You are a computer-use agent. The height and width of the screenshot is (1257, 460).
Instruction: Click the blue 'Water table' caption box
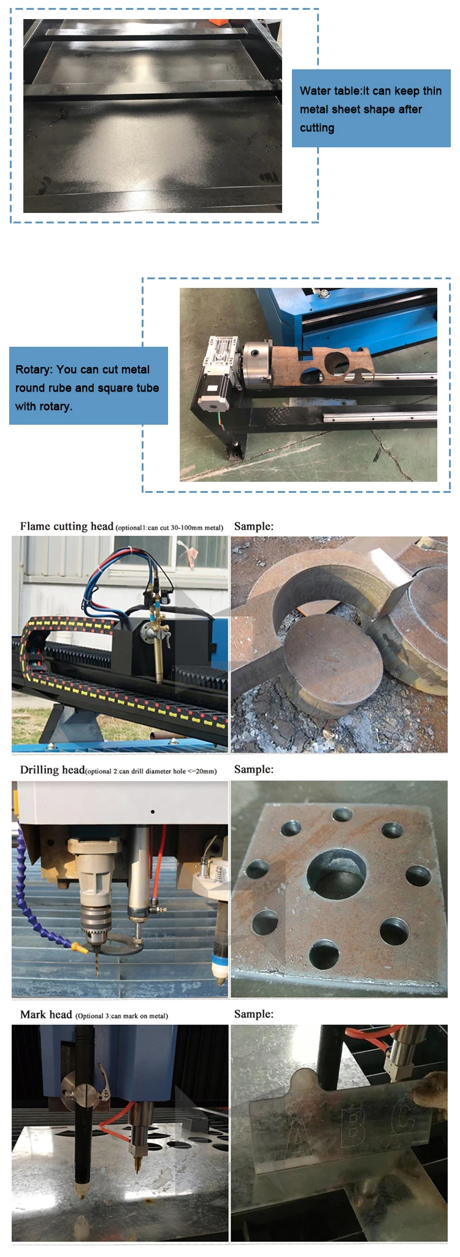click(x=370, y=109)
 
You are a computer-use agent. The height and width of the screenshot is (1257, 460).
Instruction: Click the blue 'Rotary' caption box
click(x=88, y=386)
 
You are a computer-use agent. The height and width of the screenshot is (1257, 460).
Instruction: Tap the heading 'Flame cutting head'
click(x=66, y=526)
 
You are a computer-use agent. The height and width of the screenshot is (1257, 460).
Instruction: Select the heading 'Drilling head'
click(x=52, y=770)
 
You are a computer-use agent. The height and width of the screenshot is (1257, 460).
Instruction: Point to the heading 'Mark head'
click(x=46, y=1015)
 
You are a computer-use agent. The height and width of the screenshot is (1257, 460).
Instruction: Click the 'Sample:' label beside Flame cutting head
click(x=254, y=526)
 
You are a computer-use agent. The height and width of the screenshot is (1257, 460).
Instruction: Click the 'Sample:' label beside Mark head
click(x=254, y=1014)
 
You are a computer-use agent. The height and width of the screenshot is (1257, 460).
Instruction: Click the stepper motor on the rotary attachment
click(x=212, y=393)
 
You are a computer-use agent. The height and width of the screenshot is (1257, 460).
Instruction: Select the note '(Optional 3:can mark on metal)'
click(x=121, y=1016)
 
